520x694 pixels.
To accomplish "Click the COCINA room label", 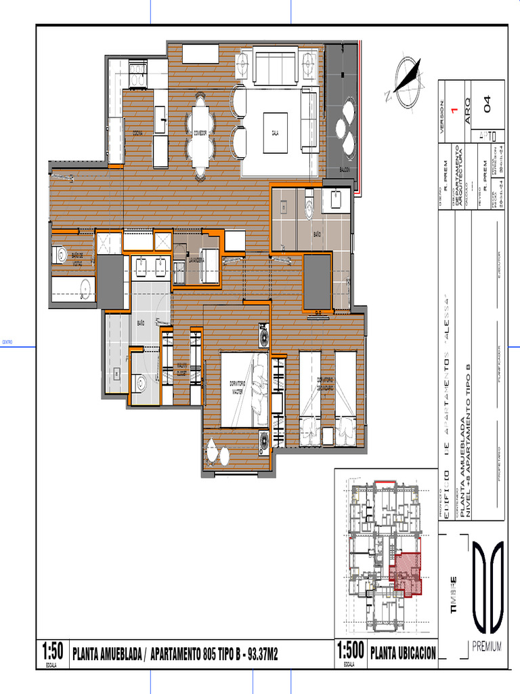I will (x=137, y=132).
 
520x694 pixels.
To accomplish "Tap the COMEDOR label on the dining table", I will (x=200, y=132).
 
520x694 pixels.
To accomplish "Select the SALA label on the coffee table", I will (x=276, y=132).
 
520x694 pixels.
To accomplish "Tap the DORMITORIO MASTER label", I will (x=237, y=388).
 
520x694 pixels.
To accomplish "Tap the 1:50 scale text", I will (x=52, y=652).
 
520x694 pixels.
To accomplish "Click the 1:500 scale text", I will (x=351, y=652).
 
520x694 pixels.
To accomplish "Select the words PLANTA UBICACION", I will (x=404, y=653).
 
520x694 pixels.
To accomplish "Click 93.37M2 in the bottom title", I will (x=263, y=654).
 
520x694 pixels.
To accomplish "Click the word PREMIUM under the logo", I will (x=487, y=647).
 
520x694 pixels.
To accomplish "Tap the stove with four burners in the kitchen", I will (x=138, y=74).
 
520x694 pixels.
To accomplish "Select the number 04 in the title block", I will (x=485, y=104).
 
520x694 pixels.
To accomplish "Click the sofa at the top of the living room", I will (x=276, y=65).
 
